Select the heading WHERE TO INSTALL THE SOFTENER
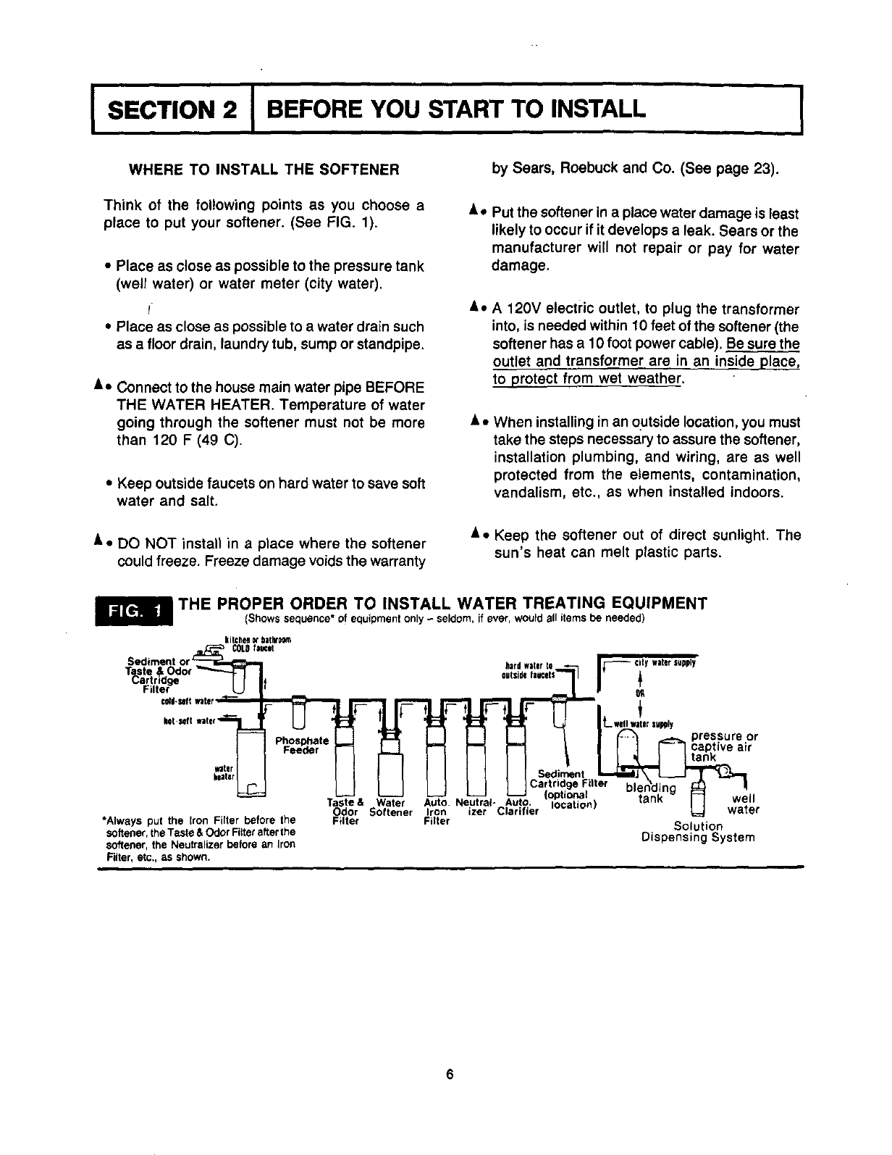pyautogui.click(x=264, y=171)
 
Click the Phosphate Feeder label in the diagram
pyautogui.click(x=302, y=746)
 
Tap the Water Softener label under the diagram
pyautogui.click(x=390, y=807)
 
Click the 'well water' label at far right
pyautogui.click(x=743, y=805)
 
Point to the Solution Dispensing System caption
pyautogui.click(x=698, y=832)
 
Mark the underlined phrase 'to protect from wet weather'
pyautogui.click(x=587, y=380)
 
